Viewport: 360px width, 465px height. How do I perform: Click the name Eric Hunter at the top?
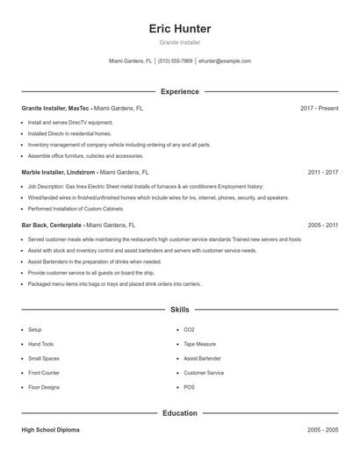[180, 29]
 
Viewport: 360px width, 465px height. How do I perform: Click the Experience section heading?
[180, 91]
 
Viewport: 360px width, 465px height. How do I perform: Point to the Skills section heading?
[180, 310]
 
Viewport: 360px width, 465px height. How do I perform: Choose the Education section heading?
[180, 412]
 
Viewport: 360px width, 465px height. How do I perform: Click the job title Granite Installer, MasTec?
[56, 108]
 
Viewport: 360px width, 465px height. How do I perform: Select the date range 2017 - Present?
[319, 108]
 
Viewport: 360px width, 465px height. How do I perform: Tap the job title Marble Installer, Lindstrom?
[59, 173]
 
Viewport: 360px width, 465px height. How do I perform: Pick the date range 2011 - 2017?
[323, 173]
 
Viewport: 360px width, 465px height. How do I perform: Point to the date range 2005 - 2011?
[323, 225]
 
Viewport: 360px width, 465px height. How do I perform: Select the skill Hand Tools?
[40, 344]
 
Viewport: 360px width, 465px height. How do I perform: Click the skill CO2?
[189, 330]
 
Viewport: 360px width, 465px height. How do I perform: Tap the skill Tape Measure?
[199, 344]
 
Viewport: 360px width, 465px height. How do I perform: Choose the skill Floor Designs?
[44, 387]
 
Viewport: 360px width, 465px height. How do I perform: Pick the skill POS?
[189, 387]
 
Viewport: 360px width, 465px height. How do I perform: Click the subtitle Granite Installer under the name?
[180, 42]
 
